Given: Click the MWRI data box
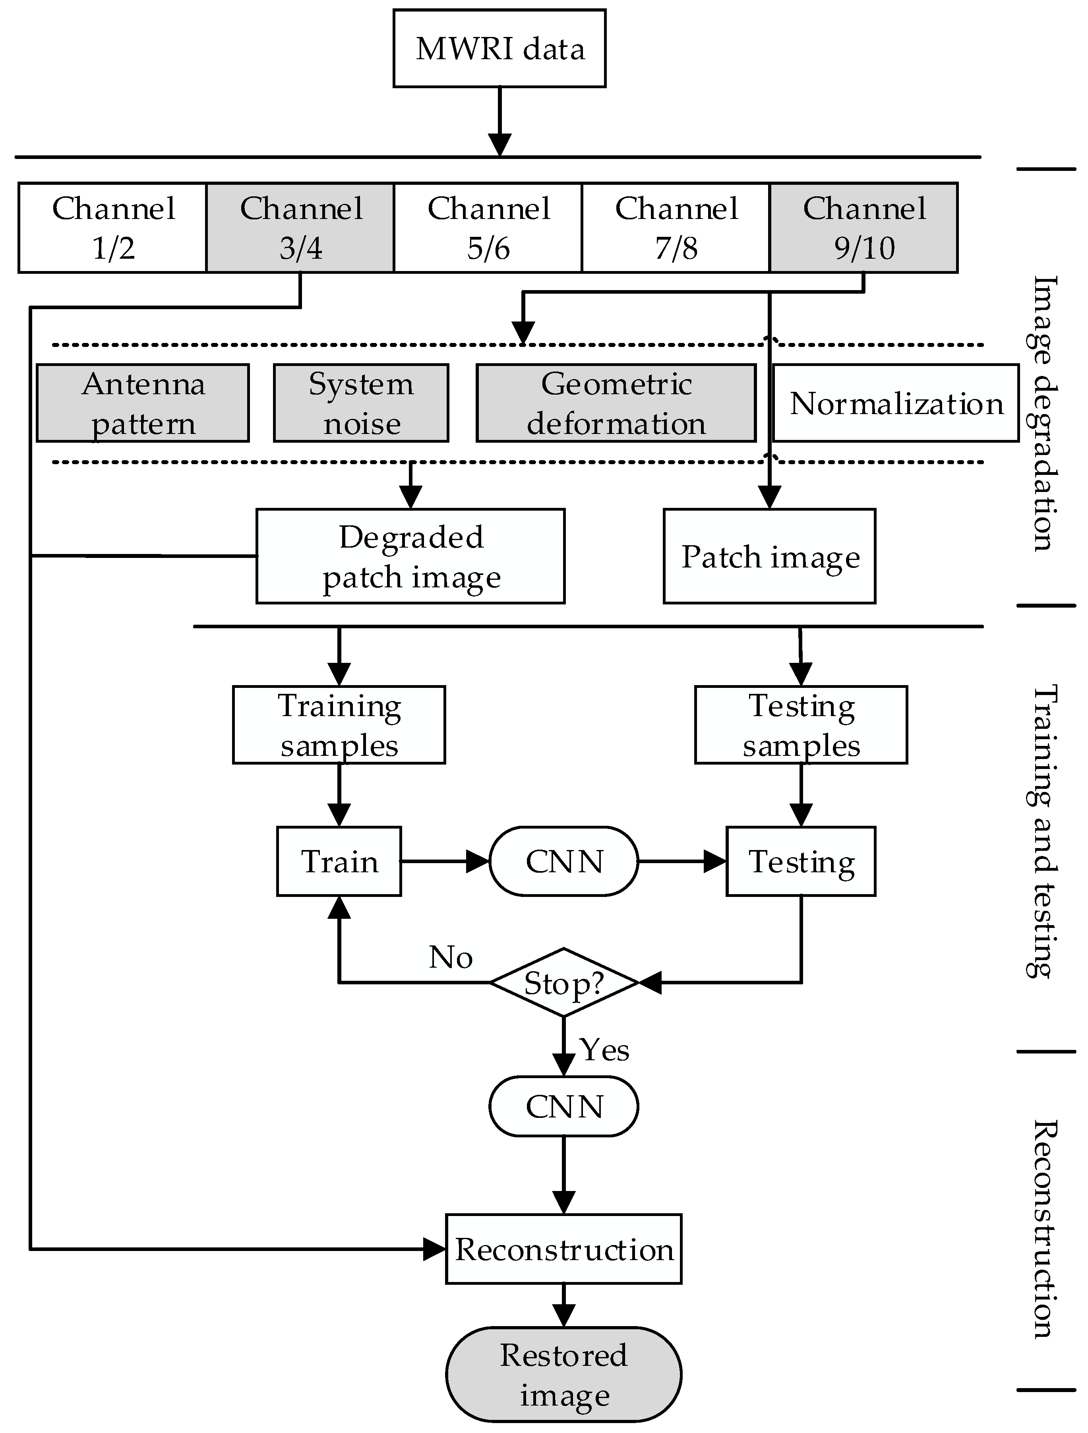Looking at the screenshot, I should pos(499,48).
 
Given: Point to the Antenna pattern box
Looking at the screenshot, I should pos(143,403).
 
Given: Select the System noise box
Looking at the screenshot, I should pos(361,403).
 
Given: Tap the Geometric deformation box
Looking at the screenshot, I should pos(616,403).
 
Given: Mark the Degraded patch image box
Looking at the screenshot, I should pos(410,556).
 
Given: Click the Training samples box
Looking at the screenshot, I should pos(339,725).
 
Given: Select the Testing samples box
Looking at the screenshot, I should pos(801,725).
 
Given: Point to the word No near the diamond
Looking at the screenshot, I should pos(451,957).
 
